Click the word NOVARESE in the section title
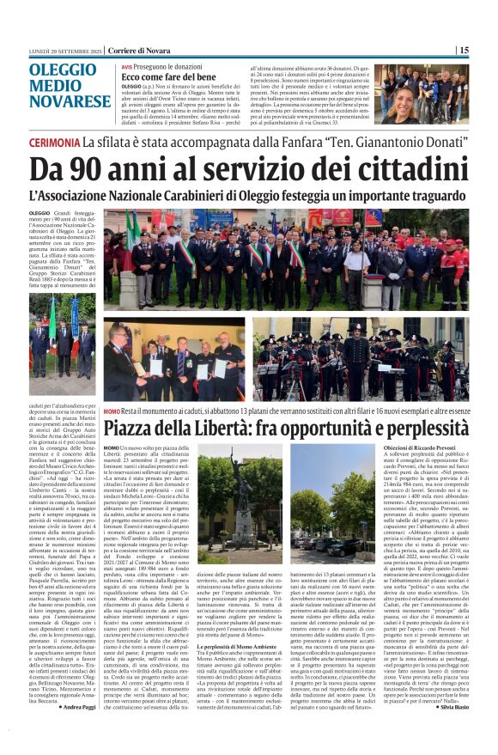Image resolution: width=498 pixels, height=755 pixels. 78,102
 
